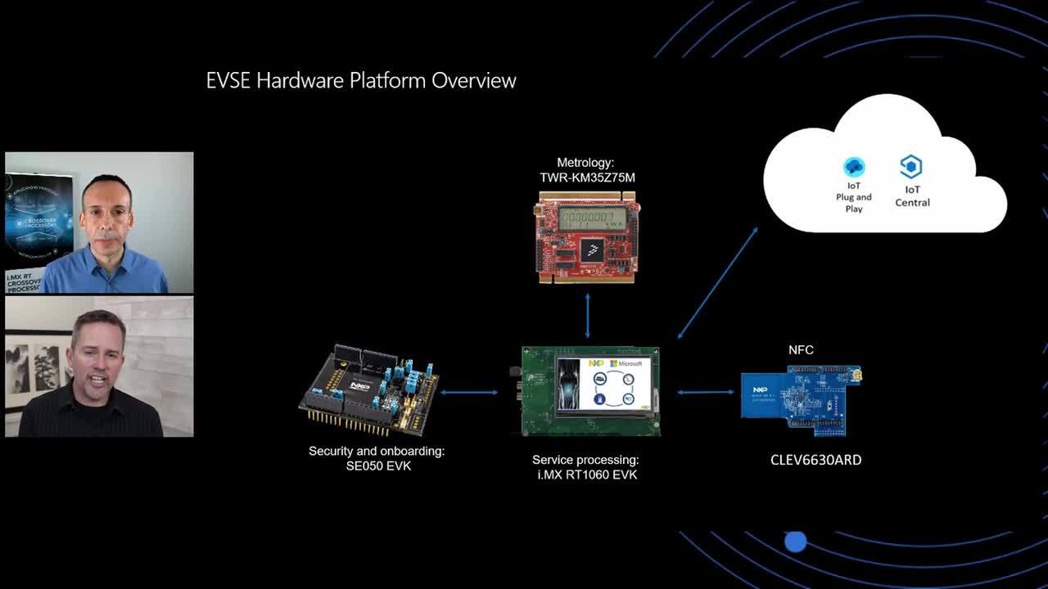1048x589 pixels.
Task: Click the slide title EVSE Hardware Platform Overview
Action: tap(361, 80)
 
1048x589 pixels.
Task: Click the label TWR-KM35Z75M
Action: tap(586, 178)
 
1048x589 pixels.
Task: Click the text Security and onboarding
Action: tap(377, 451)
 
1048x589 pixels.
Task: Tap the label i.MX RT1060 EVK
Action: tap(586, 474)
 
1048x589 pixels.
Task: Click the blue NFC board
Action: tap(800, 397)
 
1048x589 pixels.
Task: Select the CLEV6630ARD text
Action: tap(815, 460)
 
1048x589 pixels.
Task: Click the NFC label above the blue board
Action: tap(801, 350)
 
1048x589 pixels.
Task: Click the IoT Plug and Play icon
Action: tap(854, 167)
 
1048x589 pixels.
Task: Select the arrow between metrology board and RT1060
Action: tap(587, 316)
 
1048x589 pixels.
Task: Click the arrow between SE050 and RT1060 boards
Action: tap(469, 393)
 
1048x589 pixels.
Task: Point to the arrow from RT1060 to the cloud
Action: tap(717, 283)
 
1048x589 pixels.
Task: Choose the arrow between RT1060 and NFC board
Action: tap(706, 393)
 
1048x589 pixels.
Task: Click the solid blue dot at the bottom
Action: tap(795, 542)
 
